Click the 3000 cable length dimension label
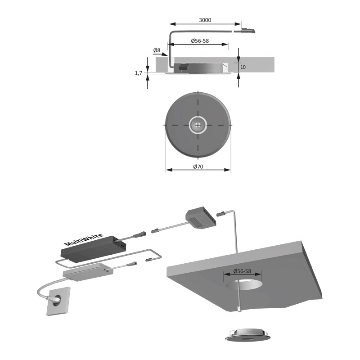point(205,20)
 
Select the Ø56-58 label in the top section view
point(200,41)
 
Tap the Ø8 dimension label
point(157,50)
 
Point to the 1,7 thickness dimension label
point(139,73)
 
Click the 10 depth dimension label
point(243,67)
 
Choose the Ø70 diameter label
point(198,166)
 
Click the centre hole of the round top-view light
point(198,125)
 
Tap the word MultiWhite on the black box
point(84,240)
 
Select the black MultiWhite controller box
point(93,249)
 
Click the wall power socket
point(58,301)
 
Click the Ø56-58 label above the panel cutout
point(242,271)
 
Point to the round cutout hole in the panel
point(244,284)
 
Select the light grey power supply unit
point(88,272)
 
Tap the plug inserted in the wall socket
point(54,299)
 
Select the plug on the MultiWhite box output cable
point(139,234)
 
